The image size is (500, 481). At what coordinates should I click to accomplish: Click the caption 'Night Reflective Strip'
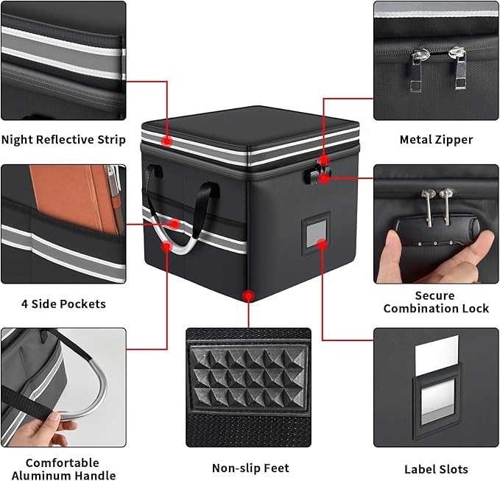coord(63,140)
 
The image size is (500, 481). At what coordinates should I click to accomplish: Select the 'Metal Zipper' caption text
coord(436,139)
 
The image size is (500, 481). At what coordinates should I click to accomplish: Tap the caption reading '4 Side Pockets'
coord(63,303)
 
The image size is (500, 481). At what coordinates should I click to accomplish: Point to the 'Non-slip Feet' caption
coord(250,468)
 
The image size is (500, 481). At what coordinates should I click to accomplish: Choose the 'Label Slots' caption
coord(436,468)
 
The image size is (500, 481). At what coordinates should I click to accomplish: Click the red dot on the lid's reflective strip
coord(167,140)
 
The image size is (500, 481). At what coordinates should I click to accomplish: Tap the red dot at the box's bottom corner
coord(250,295)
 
